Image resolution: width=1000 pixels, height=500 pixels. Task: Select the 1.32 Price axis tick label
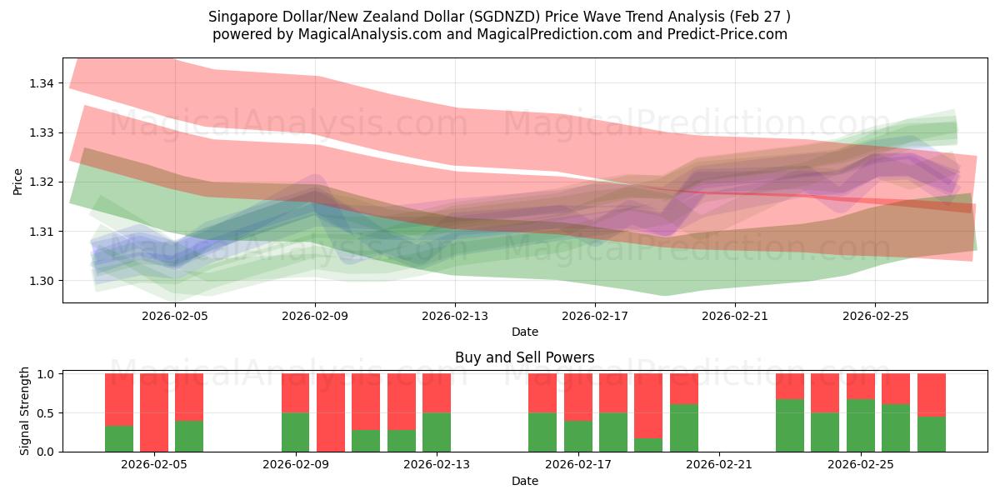(x=42, y=182)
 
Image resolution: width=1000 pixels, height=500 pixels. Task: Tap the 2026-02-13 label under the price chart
(x=454, y=317)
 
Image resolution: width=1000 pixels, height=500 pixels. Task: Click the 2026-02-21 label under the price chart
(x=734, y=317)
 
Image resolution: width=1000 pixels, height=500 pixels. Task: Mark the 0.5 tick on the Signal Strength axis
(x=47, y=413)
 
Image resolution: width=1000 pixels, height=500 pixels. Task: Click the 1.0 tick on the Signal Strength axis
(x=47, y=374)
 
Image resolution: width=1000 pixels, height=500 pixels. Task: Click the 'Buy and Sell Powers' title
(x=524, y=357)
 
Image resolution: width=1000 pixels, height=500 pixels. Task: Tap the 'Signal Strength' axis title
(x=25, y=411)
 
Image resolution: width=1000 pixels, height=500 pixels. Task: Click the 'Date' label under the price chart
(x=524, y=332)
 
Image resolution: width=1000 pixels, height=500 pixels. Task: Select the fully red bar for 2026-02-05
(x=154, y=412)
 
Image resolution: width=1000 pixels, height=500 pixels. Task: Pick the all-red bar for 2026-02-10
(x=331, y=412)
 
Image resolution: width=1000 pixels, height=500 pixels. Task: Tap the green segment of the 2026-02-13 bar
(x=437, y=432)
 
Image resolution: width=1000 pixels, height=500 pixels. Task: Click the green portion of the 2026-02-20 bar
(x=684, y=427)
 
